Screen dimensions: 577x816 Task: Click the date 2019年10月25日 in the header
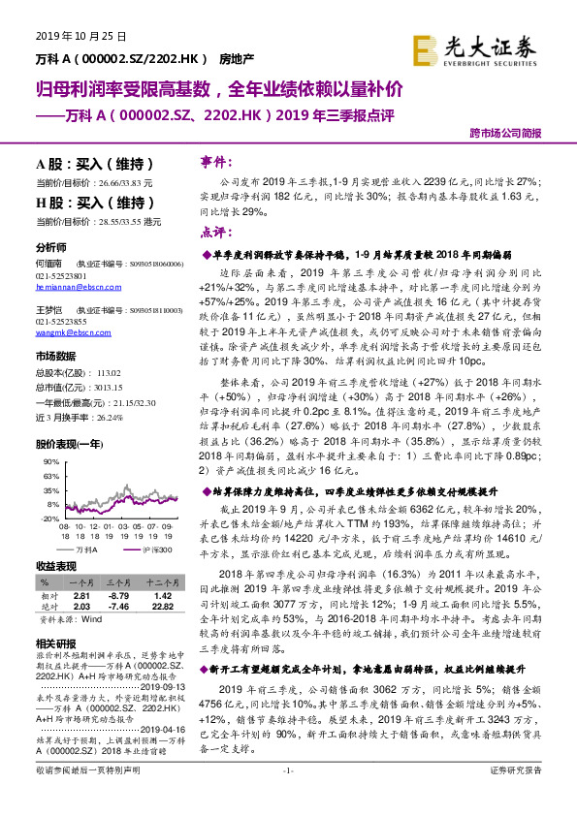81,36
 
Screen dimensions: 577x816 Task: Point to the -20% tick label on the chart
51,518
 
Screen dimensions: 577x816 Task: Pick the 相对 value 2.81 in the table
81,595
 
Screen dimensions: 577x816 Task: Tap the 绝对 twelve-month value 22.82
162,607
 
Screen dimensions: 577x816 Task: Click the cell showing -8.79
117,595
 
